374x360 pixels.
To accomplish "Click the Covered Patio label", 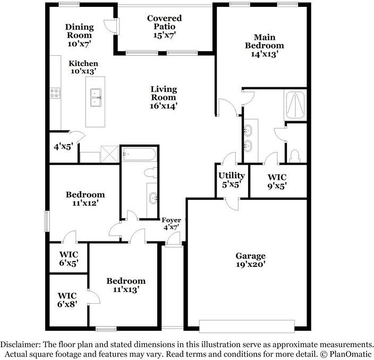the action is coord(164,22).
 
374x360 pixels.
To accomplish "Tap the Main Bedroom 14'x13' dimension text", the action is coord(265,54).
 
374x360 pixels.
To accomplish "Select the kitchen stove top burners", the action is coord(55,93).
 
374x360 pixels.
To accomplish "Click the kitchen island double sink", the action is coord(96,97).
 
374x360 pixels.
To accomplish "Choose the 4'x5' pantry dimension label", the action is coord(63,147).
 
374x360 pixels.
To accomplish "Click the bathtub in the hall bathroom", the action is coord(139,154).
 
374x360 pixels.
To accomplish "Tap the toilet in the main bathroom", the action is coord(294,156).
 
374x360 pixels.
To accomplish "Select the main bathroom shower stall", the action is coord(295,105).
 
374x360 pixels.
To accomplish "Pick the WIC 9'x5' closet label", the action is coord(277,181).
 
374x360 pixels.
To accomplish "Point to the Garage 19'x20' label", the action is coord(250,260).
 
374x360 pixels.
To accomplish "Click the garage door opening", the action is coord(247,326).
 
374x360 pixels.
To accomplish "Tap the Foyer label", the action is coord(171,220).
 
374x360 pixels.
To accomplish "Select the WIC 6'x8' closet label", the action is coord(67,300).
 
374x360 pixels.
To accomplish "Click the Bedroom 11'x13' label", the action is coord(126,285).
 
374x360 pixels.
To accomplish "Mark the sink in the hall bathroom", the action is coord(153,198).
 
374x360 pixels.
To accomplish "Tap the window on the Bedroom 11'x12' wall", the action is coord(47,221).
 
